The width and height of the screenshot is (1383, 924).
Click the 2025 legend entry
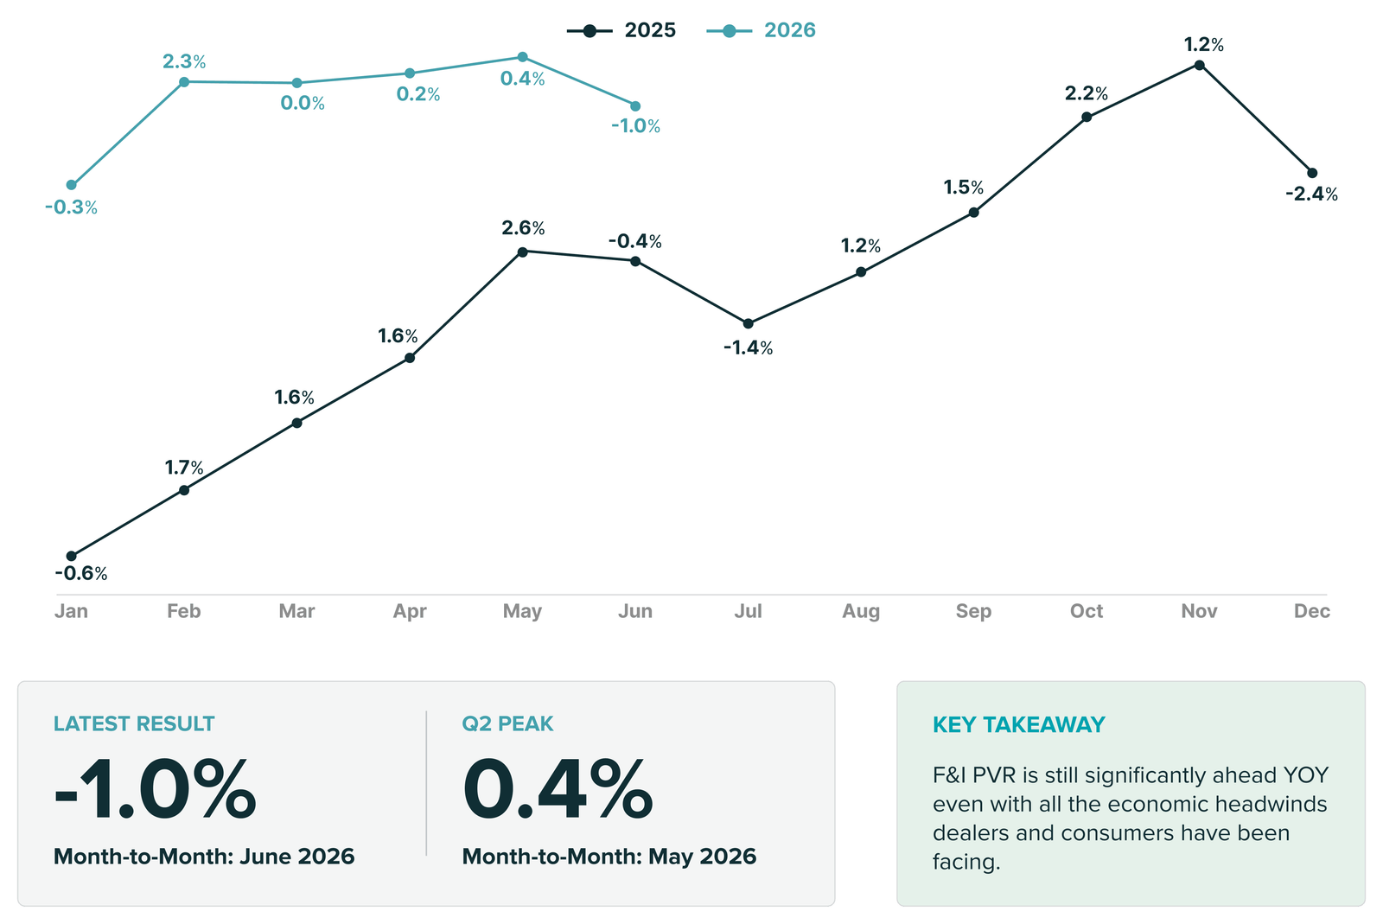point(621,30)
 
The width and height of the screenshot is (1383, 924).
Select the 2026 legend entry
point(761,30)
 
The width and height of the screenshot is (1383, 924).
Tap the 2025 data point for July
point(749,323)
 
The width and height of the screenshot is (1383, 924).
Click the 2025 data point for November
point(1200,65)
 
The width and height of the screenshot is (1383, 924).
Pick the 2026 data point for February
point(184,81)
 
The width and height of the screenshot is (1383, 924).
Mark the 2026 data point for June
point(635,106)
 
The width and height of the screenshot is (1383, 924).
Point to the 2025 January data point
point(71,556)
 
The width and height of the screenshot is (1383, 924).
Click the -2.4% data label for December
point(1311,194)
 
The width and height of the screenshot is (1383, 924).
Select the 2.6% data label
point(523,228)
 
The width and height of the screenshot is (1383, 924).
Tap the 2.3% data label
point(184,61)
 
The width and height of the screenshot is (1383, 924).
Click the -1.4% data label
point(748,348)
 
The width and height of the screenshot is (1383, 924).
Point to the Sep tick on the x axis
point(973,611)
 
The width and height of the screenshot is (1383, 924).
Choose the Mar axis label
point(297,611)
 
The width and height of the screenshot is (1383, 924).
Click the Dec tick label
point(1312,611)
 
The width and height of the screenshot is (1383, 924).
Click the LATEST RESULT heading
point(134,723)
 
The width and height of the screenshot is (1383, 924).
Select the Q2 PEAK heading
point(507,723)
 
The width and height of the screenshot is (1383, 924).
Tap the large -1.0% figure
point(155,789)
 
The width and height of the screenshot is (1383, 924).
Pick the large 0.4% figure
point(558,789)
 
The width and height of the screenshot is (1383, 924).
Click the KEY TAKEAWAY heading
point(1019,724)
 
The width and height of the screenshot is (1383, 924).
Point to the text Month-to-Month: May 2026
point(609,857)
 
